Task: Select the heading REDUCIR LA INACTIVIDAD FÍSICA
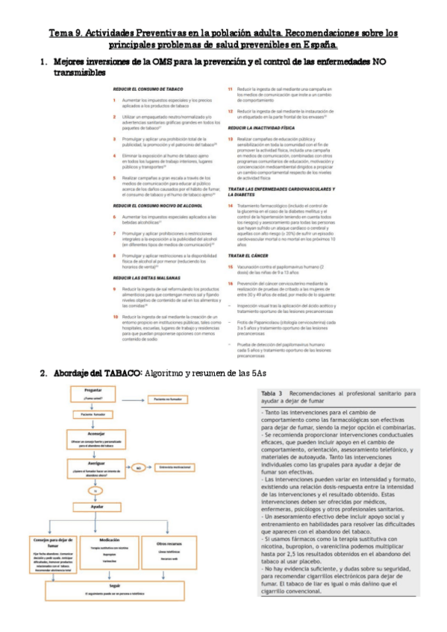pyautogui.click(x=266, y=128)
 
